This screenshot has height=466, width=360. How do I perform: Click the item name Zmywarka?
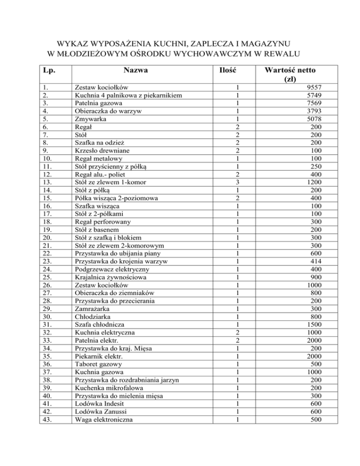coord(90,119)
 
